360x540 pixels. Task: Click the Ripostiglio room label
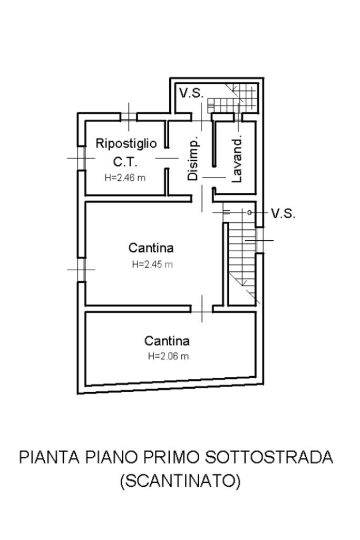[125, 143]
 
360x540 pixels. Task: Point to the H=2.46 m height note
[125, 178]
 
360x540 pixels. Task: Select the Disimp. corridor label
[193, 160]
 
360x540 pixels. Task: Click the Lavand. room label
[237, 160]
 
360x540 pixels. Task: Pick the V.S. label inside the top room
[191, 94]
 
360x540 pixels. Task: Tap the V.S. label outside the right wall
[283, 213]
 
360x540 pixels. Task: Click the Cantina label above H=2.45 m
[151, 247]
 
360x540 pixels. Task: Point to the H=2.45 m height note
[152, 264]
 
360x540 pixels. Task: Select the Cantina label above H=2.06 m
[167, 341]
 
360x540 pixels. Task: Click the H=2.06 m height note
[168, 356]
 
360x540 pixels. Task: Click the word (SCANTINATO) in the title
[180, 480]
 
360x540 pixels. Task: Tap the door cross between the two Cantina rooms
[203, 308]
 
